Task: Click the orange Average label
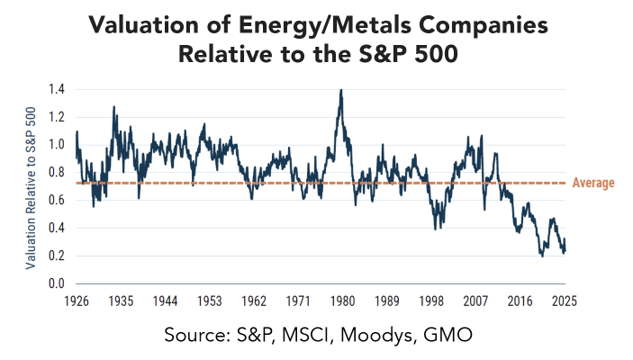(x=593, y=184)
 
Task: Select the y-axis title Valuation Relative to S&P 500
(x=32, y=186)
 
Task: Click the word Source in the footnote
(x=194, y=335)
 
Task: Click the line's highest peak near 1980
(x=340, y=90)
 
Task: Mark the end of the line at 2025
(x=565, y=252)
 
